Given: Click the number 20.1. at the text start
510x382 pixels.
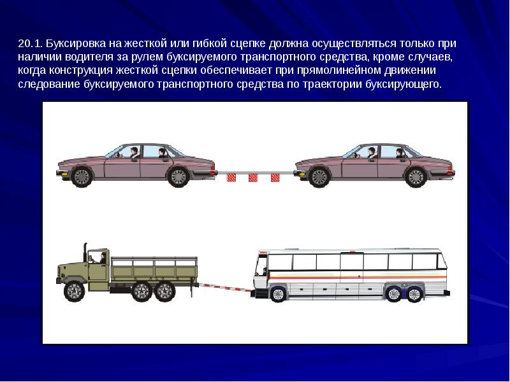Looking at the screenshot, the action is (31, 43).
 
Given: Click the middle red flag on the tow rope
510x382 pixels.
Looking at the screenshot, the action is (253, 178).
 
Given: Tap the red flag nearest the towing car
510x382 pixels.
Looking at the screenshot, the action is (231, 178).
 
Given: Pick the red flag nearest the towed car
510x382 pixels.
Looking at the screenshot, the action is (275, 178).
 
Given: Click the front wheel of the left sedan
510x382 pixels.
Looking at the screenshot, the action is (82, 177).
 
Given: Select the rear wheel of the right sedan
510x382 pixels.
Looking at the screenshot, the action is (416, 177).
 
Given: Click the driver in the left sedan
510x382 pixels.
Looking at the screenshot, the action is (134, 153).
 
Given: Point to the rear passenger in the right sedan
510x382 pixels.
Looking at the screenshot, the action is (399, 153).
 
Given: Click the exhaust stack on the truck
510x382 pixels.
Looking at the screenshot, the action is (85, 252).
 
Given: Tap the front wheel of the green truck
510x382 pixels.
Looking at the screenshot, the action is (75, 292).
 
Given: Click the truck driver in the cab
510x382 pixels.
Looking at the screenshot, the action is (103, 258).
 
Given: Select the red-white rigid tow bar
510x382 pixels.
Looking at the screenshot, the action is (225, 288).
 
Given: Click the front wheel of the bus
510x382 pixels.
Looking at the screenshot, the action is (278, 294).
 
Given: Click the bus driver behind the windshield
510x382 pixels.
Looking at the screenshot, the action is (265, 271).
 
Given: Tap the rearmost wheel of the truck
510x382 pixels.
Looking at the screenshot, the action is (165, 292).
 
